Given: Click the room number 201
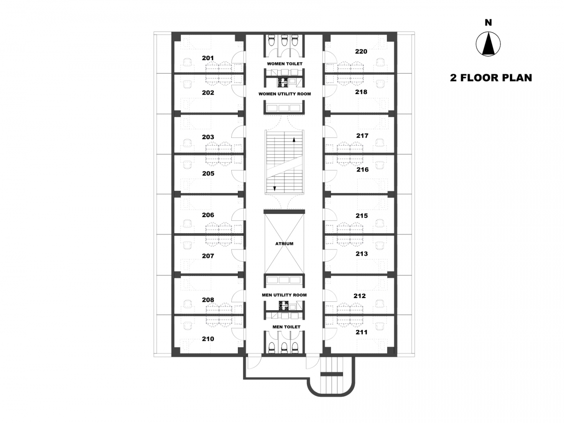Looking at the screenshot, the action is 208,58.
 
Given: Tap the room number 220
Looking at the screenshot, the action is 361,51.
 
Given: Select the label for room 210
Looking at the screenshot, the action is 208,339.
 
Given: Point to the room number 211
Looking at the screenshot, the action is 361,332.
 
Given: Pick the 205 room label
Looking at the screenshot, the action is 208,173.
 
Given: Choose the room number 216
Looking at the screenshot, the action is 362,169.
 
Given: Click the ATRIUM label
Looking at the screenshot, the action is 284,243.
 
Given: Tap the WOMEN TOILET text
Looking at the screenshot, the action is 284,64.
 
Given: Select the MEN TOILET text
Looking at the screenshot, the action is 286,327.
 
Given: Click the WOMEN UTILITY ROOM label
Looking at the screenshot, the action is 284,94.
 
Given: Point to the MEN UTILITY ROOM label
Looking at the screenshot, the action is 284,295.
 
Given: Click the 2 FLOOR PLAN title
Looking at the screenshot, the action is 491,78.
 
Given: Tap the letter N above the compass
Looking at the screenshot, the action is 488,23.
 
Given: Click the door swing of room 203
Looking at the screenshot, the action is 237,132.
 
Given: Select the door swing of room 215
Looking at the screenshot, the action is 330,214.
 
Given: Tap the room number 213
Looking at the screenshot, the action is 361,253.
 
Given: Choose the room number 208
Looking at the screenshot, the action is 208,300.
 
